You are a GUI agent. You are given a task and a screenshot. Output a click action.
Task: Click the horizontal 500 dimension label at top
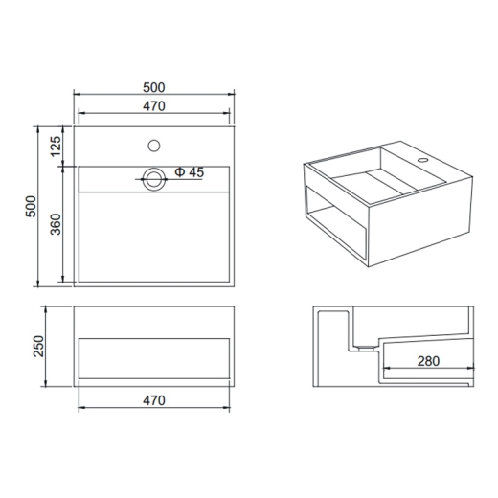click(x=154, y=87)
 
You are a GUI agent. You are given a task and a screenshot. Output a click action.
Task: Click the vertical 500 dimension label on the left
click(x=31, y=207)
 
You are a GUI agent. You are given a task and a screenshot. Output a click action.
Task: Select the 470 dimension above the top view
click(x=154, y=106)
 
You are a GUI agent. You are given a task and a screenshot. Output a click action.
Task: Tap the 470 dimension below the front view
click(x=154, y=400)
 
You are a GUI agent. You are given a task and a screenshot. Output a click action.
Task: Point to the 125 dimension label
click(x=56, y=147)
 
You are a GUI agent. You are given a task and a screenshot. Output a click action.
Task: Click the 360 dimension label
click(x=56, y=224)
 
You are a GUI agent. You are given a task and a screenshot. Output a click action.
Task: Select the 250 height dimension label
click(x=38, y=347)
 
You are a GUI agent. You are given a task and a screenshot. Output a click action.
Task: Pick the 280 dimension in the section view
click(x=428, y=361)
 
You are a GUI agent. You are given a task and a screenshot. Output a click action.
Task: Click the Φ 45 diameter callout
click(x=189, y=172)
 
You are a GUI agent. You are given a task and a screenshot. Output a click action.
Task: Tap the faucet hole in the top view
click(x=154, y=146)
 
